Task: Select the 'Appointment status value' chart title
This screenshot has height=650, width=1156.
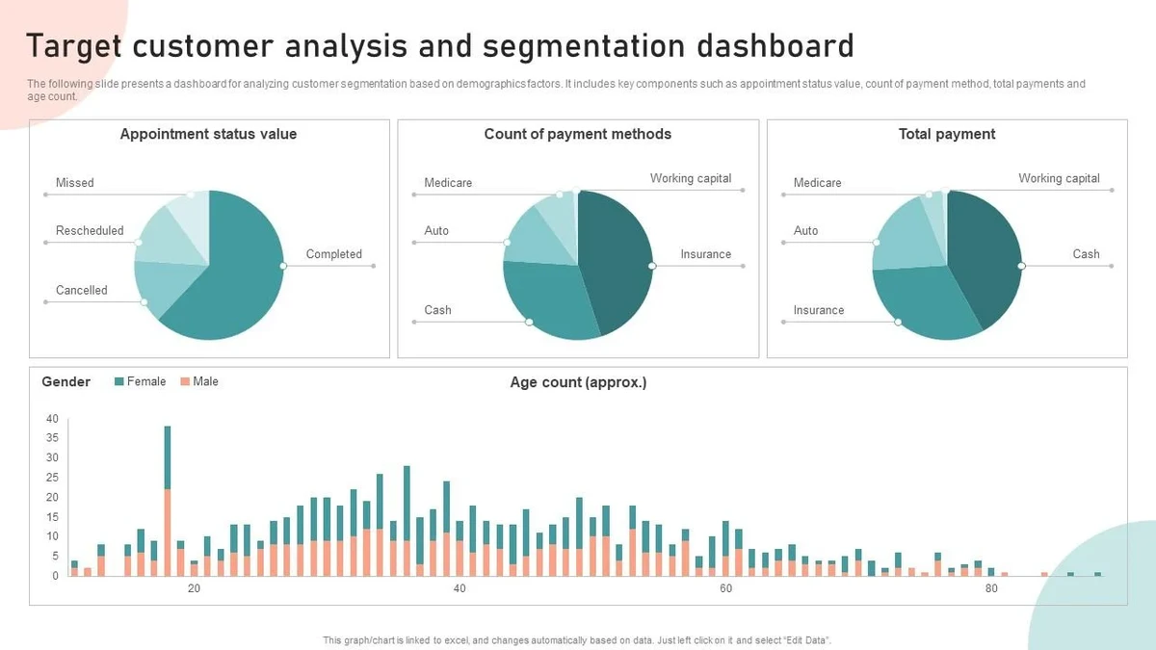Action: [x=208, y=135]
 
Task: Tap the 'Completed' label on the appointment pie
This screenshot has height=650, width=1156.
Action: [x=333, y=254]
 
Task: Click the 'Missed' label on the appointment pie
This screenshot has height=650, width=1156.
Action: [x=74, y=183]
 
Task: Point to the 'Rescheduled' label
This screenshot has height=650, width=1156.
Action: [x=90, y=231]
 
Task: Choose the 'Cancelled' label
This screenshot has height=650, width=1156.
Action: [x=81, y=290]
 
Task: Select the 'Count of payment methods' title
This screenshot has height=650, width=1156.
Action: [x=577, y=135]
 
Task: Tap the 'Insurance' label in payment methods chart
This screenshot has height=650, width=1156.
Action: [x=705, y=254]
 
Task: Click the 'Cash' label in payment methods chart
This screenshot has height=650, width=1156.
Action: [x=437, y=310]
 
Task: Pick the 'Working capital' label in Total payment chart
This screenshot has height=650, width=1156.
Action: [x=1059, y=178]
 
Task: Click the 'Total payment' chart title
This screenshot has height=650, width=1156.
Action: [x=946, y=135]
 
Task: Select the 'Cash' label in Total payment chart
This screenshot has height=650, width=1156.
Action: [x=1086, y=254]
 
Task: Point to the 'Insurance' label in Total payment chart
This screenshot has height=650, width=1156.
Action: [x=818, y=310]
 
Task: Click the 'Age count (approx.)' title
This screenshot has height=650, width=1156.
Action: [x=578, y=382]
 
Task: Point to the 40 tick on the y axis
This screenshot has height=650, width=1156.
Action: [x=52, y=419]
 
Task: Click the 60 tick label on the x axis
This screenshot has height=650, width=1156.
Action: [x=725, y=589]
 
